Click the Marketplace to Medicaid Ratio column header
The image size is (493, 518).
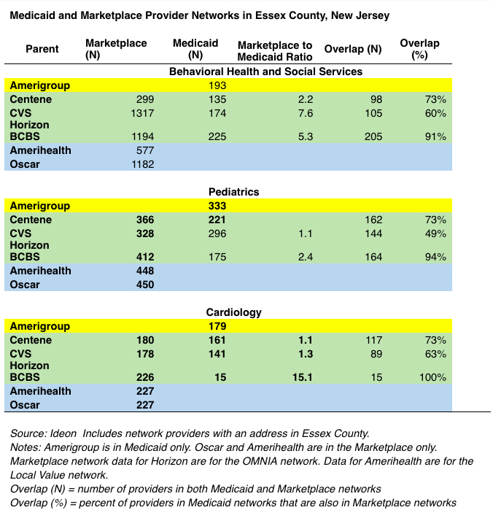pyautogui.click(x=275, y=50)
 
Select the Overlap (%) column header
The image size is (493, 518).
pyautogui.click(x=419, y=50)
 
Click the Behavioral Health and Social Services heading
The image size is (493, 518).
pyautogui.click(x=265, y=71)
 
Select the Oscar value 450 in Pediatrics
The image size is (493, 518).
pyautogui.click(x=144, y=285)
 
